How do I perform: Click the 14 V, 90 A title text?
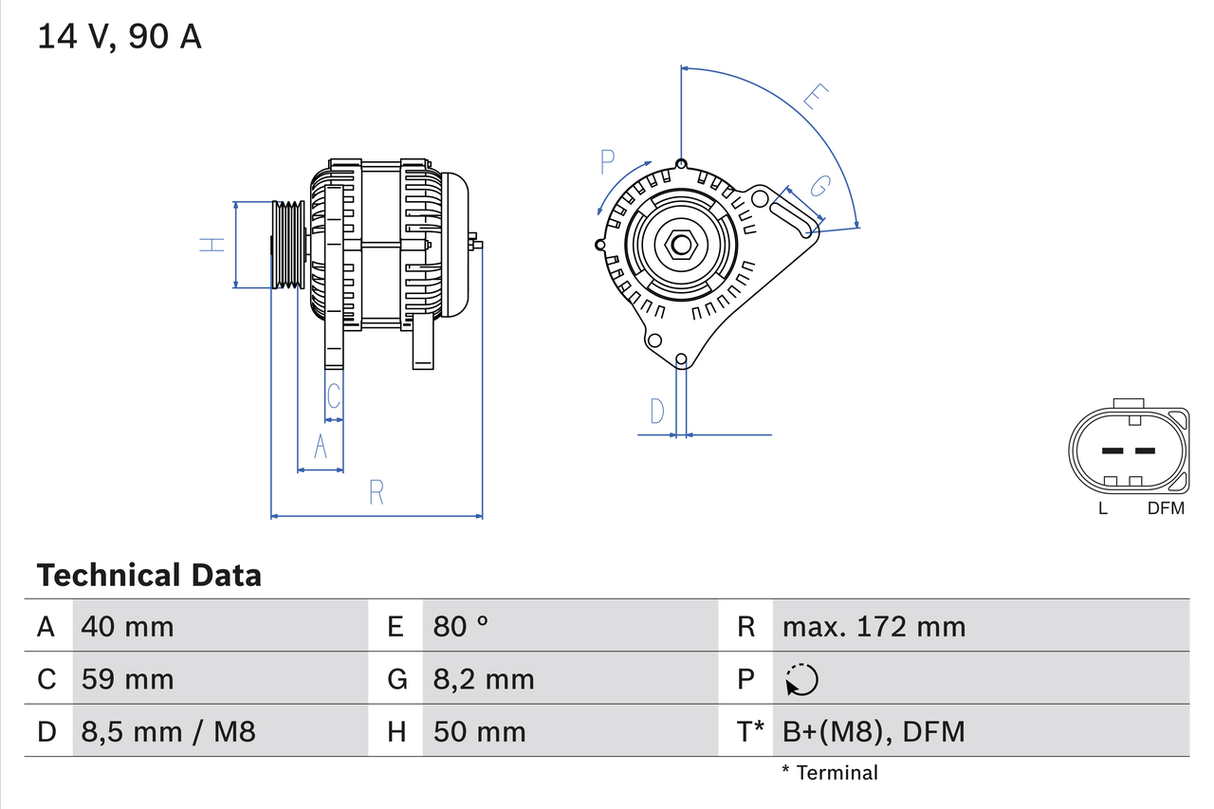pyautogui.click(x=120, y=37)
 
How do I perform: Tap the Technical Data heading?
pyautogui.click(x=149, y=575)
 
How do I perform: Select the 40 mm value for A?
pyautogui.click(x=128, y=626)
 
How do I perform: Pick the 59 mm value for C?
pyautogui.click(x=128, y=679)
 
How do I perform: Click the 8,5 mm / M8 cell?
pyautogui.click(x=169, y=731)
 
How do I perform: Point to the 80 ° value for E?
pyautogui.click(x=461, y=626)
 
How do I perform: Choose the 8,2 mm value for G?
pyautogui.click(x=484, y=679)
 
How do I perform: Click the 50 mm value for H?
pyautogui.click(x=479, y=731)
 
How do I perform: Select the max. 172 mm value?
pyautogui.click(x=874, y=626)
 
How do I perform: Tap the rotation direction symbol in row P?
pyautogui.click(x=801, y=679)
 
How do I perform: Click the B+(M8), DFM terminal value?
pyautogui.click(x=873, y=731)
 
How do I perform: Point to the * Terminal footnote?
pyautogui.click(x=830, y=772)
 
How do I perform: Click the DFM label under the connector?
pyautogui.click(x=1166, y=508)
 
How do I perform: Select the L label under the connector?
pyautogui.click(x=1103, y=508)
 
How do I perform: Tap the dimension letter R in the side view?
pyautogui.click(x=377, y=492)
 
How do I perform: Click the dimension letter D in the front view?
pyautogui.click(x=657, y=412)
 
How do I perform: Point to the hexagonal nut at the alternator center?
pyautogui.click(x=681, y=245)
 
